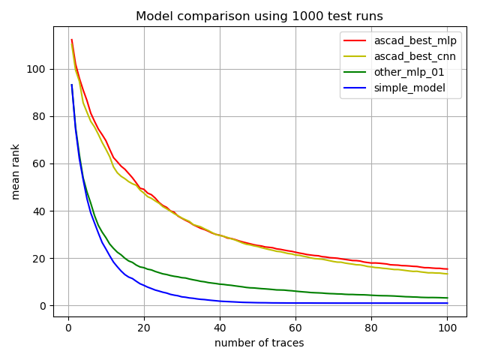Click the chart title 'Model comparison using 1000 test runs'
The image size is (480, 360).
259,16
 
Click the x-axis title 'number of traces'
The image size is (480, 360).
259,343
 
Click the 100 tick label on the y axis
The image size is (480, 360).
36,69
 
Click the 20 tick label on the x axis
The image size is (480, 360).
144,328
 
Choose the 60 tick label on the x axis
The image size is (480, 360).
295,328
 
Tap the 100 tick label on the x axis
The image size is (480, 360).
447,328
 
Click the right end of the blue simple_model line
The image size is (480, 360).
447,303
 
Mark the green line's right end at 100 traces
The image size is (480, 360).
447,298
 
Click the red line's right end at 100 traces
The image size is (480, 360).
447,269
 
